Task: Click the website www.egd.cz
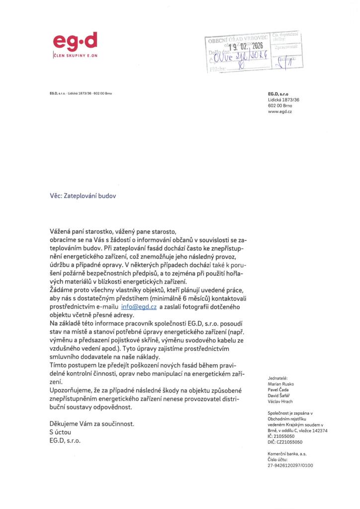pos(279,112)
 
